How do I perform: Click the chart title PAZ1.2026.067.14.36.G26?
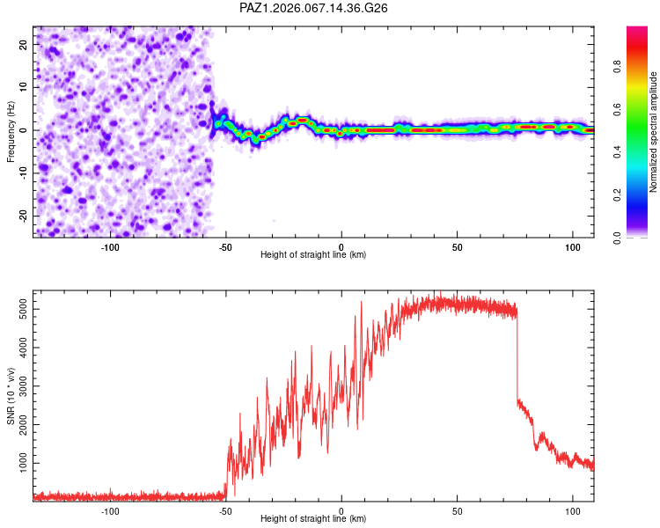[x=314, y=8]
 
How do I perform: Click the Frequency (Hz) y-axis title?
[x=11, y=131]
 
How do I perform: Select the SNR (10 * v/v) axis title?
[x=11, y=395]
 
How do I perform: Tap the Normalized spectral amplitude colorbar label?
[x=653, y=132]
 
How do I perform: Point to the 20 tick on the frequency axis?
[x=24, y=43]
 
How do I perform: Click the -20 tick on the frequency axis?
[x=22, y=216]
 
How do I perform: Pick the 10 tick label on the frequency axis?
[x=24, y=86]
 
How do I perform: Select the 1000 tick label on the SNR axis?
[x=18, y=463]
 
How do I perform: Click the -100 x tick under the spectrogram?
[x=110, y=247]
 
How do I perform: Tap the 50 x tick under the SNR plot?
[x=457, y=511]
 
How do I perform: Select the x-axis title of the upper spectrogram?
[x=313, y=255]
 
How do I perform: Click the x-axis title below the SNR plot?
[x=313, y=519]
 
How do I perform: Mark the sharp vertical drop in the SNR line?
[x=517, y=352]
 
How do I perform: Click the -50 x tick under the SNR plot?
[x=225, y=511]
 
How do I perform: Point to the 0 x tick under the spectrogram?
[x=341, y=247]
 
